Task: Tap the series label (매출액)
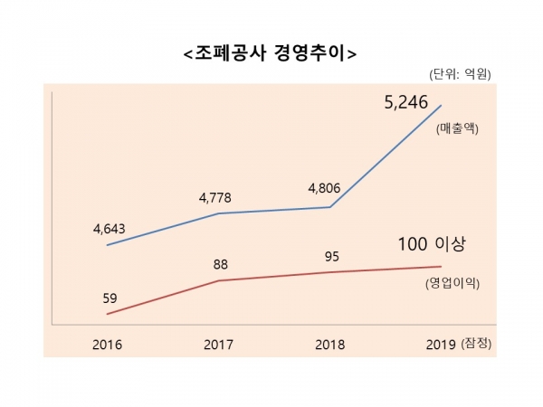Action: coord(457,128)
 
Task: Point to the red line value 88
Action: coord(219,265)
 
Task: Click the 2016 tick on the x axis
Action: coord(108,345)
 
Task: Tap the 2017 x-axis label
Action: coord(218,345)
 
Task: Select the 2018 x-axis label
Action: coord(329,345)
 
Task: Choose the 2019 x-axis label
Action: coord(440,345)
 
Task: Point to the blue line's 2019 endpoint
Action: coord(442,106)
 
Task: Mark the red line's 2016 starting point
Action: coord(108,314)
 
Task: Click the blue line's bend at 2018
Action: coord(330,207)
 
